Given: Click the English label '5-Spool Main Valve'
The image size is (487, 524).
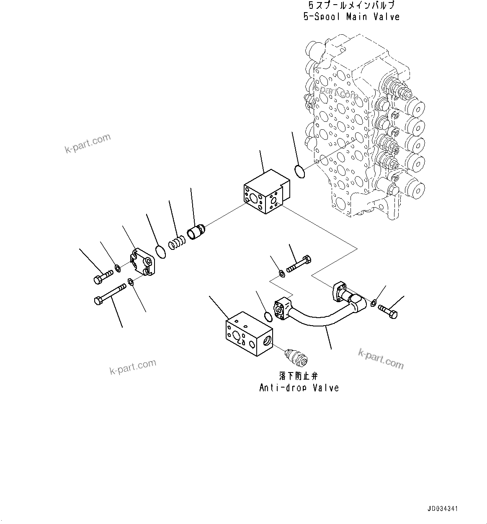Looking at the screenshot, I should [x=351, y=17].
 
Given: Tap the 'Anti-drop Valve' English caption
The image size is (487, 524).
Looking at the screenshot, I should [x=299, y=388].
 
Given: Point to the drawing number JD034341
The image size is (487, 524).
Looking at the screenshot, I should [x=443, y=509].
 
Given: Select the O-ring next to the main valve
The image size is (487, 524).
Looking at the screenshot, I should [x=299, y=172].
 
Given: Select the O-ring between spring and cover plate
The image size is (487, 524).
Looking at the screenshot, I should [x=160, y=252].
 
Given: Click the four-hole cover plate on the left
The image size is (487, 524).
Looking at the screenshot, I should [x=143, y=263].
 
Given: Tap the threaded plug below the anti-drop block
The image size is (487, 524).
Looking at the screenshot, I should [x=296, y=357].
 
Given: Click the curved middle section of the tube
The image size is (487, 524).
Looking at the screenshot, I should [x=318, y=322].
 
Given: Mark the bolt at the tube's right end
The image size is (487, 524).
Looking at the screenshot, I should [x=388, y=311].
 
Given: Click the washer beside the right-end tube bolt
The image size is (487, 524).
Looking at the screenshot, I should [x=374, y=302].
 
